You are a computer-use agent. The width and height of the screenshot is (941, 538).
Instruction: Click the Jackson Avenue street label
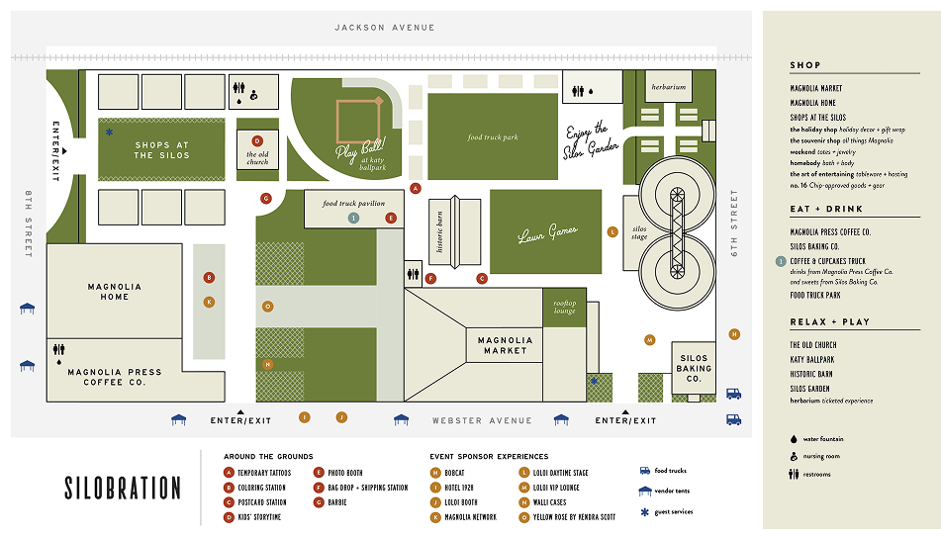tap(384, 28)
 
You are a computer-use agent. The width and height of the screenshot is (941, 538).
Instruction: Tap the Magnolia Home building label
tap(114, 292)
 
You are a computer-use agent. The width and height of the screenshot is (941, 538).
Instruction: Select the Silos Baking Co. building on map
tap(694, 368)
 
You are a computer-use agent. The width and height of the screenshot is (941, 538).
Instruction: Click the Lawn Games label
tap(547, 235)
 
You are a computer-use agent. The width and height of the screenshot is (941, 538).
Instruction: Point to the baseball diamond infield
tap(359, 119)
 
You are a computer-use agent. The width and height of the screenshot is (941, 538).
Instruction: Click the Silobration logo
tap(123, 488)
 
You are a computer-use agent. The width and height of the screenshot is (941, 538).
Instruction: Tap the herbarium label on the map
tap(668, 87)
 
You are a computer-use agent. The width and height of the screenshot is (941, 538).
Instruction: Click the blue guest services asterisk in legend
tap(644, 511)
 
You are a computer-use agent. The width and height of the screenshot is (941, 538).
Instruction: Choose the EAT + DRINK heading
tap(826, 210)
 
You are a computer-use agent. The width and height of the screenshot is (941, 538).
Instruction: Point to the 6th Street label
tap(734, 224)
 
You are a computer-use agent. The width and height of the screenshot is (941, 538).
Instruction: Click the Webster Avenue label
tap(482, 420)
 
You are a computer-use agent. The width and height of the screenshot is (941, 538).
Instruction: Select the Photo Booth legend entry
tap(343, 473)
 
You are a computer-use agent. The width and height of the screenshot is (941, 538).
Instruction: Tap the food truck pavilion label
tap(353, 204)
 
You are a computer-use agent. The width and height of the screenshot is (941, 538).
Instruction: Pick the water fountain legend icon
tap(794, 438)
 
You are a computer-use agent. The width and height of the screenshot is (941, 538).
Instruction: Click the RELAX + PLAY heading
tap(829, 322)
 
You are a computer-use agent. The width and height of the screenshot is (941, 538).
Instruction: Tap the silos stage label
tap(639, 233)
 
